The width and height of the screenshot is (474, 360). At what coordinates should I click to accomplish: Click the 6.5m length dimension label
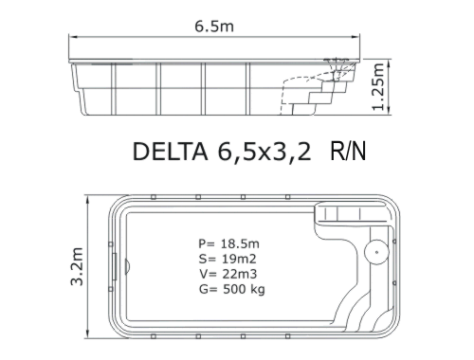tap(214, 27)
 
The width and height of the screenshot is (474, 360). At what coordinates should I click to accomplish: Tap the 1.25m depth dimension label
tap(378, 87)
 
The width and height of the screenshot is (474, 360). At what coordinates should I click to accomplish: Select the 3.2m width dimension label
tap(77, 267)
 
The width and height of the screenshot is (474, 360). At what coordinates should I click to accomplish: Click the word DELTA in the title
tap(171, 152)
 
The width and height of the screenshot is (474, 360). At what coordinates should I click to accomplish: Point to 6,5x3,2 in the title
tap(264, 153)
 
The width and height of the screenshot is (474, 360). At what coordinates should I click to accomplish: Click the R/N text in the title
tap(348, 152)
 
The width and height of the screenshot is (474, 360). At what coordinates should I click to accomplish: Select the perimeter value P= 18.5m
tap(229, 243)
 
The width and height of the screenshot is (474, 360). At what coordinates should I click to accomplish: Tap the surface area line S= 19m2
tap(228, 259)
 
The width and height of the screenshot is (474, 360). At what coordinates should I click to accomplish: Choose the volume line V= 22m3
tap(228, 274)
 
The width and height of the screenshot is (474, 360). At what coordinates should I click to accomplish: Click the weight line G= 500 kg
tap(232, 289)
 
